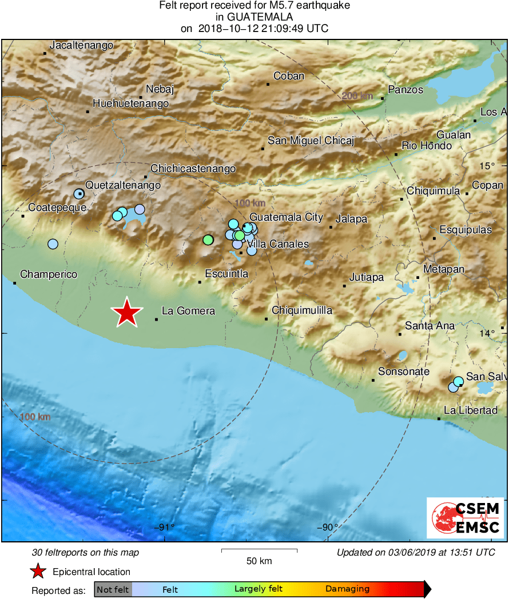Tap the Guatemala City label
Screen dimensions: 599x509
click(x=287, y=218)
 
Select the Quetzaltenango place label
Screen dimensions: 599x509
click(x=123, y=185)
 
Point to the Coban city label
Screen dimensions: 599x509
click(x=289, y=75)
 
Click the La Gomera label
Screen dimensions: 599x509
click(x=188, y=311)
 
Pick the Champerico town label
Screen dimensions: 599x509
click(x=49, y=275)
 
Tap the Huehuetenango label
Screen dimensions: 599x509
click(x=130, y=103)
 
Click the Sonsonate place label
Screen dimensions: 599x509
click(x=404, y=372)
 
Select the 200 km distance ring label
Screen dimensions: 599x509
click(x=357, y=96)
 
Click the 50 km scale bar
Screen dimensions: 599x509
click(x=259, y=552)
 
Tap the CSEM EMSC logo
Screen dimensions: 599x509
click(x=465, y=518)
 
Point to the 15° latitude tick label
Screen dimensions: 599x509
click(x=487, y=166)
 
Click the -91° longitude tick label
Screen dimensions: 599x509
click(x=164, y=527)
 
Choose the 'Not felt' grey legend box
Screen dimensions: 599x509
click(x=113, y=589)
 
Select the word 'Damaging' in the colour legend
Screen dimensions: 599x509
click(x=347, y=589)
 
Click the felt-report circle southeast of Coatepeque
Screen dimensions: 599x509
click(x=53, y=244)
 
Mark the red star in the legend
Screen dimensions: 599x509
click(x=38, y=571)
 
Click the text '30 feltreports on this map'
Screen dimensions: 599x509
click(x=85, y=553)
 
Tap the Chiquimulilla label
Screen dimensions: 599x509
click(x=302, y=310)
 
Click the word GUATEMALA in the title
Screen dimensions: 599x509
click(x=254, y=17)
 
